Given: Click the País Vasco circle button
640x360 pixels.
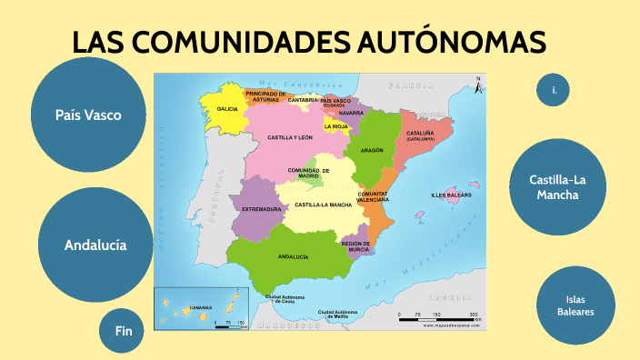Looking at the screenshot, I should point(87,115).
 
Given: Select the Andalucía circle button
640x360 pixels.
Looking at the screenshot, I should point(95,245).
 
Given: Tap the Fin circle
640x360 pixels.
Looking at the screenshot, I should point(124,332).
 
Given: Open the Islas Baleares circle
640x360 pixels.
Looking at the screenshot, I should point(575,305).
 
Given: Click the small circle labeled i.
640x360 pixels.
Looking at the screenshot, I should point(554,89).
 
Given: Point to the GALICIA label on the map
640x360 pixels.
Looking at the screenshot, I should point(227,109).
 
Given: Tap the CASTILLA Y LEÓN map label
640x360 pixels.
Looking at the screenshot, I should point(290,137).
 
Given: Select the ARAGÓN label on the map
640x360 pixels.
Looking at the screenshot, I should point(372,150).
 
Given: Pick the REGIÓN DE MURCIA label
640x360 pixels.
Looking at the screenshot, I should point(355,245).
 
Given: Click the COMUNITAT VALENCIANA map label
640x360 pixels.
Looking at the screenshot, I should point(375,197).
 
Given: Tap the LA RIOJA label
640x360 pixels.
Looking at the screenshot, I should point(336,126).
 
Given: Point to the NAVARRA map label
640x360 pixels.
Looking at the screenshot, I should point(364,113).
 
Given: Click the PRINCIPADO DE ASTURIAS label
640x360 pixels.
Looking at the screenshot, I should point(272,95).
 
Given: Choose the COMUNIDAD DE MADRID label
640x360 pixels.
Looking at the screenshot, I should point(309,173).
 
